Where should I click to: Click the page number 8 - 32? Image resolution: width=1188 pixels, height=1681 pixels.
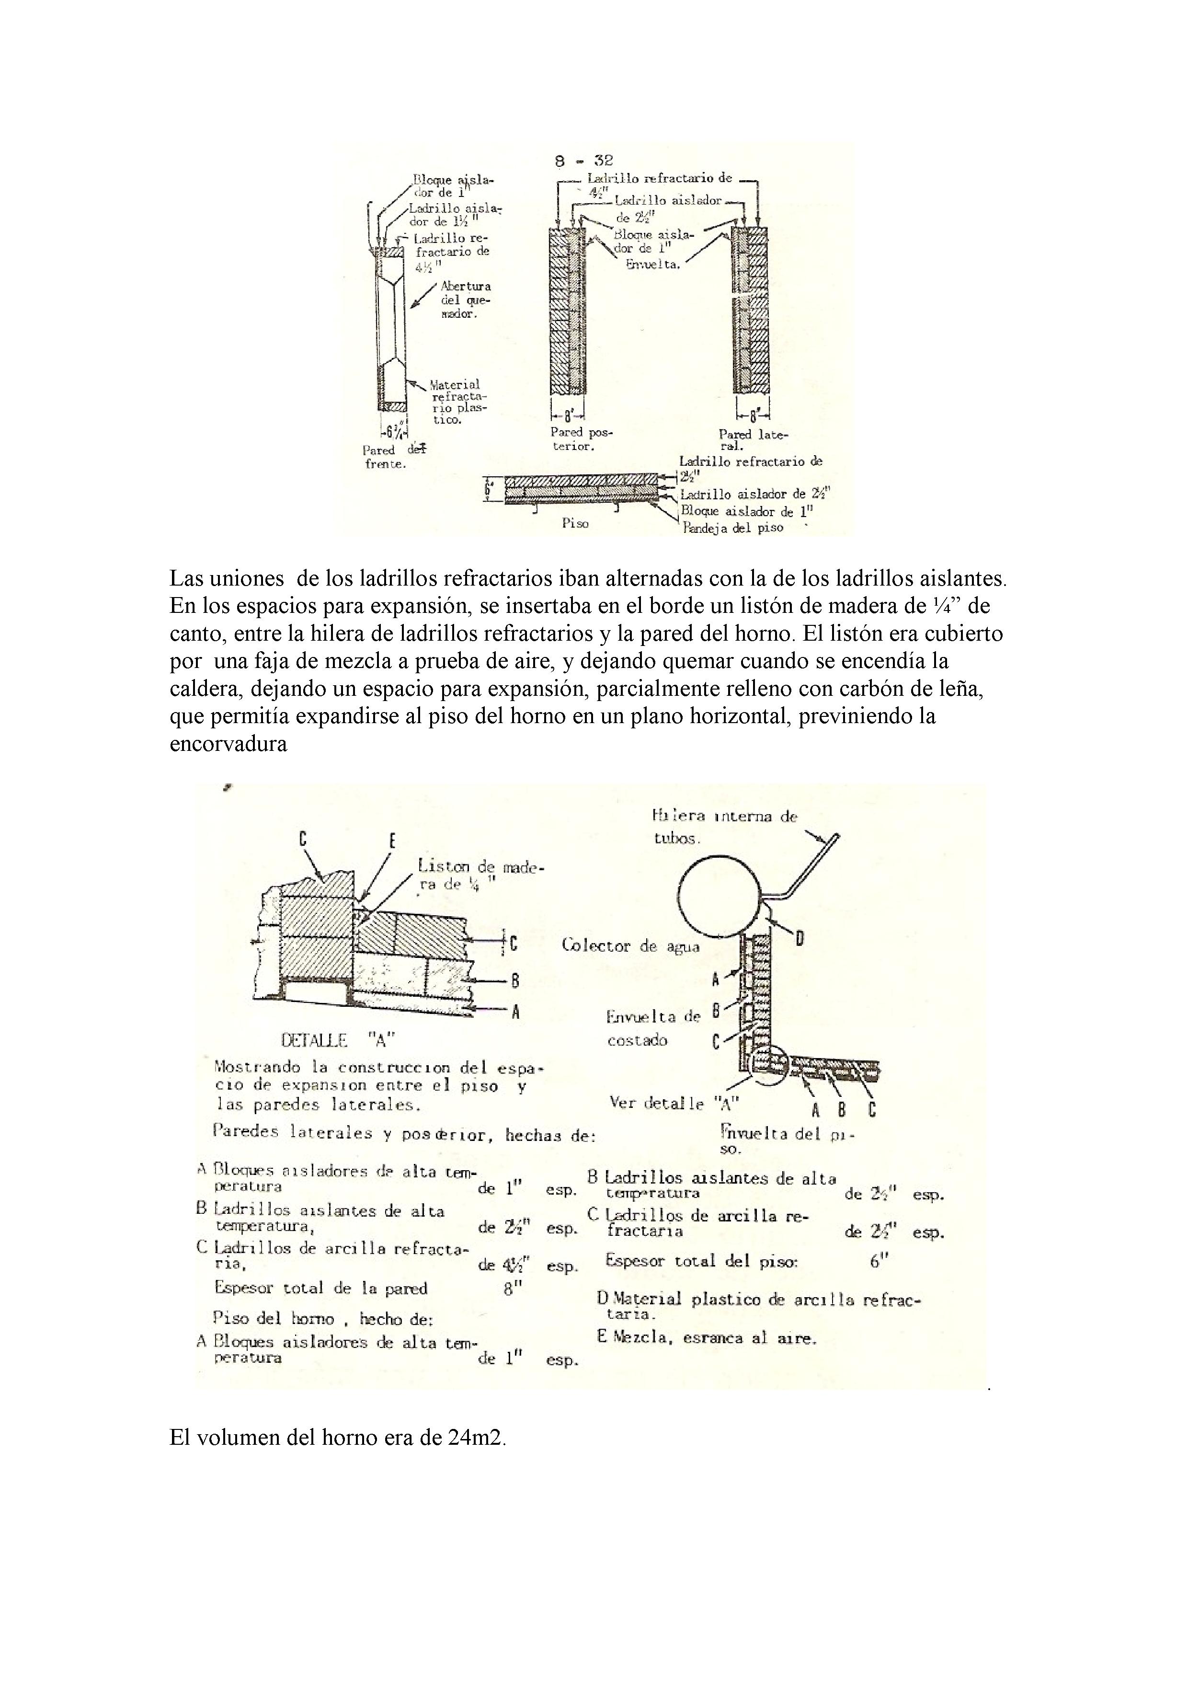[583, 161]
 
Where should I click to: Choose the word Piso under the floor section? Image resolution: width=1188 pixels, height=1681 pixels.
[575, 523]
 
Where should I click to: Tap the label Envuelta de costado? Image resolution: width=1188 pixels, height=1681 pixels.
[653, 1028]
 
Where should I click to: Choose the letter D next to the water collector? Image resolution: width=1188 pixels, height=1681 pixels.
[800, 937]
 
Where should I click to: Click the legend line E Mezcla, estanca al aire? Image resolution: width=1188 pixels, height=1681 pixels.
[707, 1337]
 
